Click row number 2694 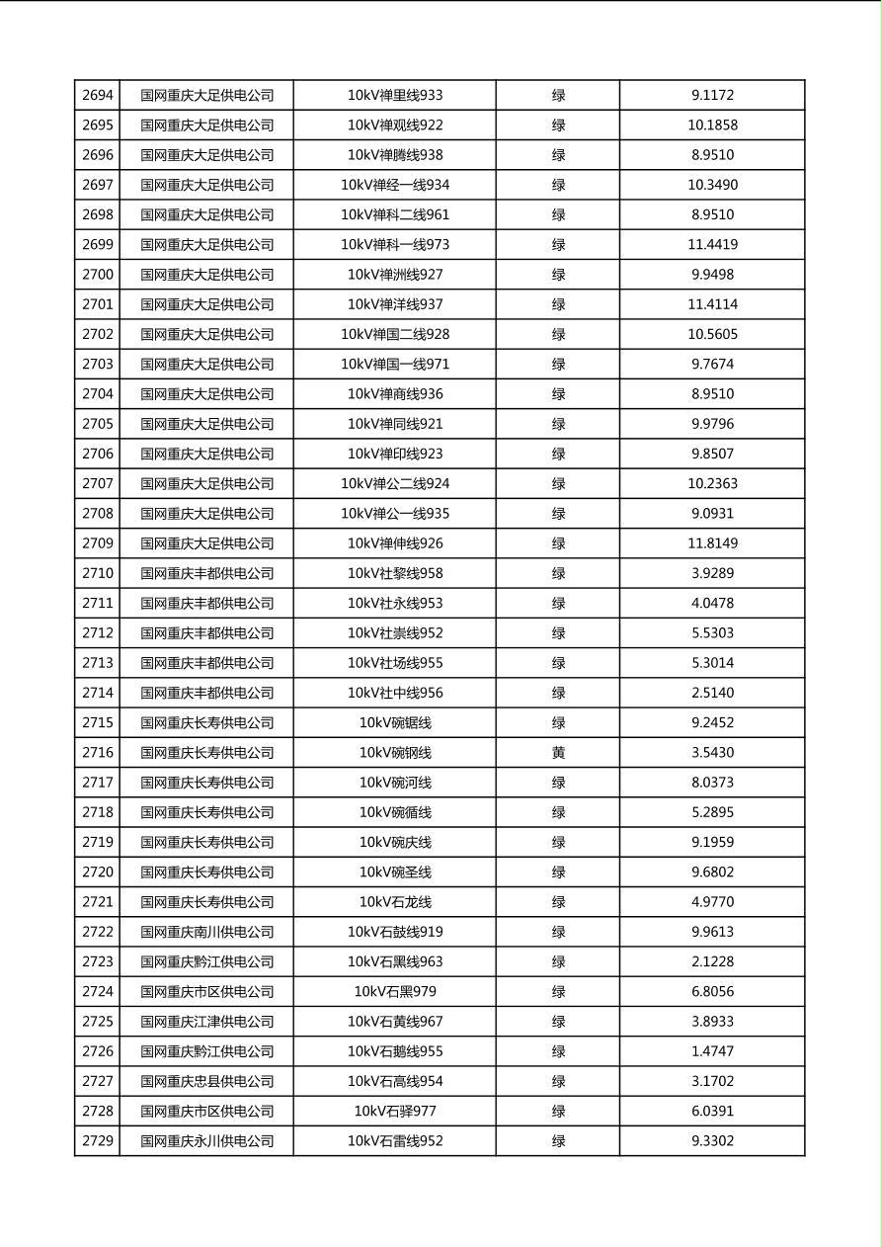[x=98, y=96]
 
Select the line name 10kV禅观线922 [x=395, y=125]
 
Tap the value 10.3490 [x=712, y=185]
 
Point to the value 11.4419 [x=712, y=245]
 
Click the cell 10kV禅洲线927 [x=395, y=275]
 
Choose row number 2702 [x=98, y=334]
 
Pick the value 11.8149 [x=712, y=543]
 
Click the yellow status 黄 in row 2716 [x=558, y=753]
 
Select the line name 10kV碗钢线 [x=395, y=753]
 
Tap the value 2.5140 [x=712, y=693]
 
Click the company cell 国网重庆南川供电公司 [x=206, y=932]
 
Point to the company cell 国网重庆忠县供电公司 [x=206, y=1081]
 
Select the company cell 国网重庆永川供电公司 [x=206, y=1141]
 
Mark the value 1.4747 [x=712, y=1051]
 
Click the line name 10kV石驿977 [x=395, y=1112]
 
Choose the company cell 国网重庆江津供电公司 [x=206, y=1022]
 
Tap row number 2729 [x=98, y=1141]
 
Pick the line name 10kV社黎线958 [x=395, y=573]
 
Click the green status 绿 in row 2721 [x=558, y=902]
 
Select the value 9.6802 [x=712, y=873]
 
